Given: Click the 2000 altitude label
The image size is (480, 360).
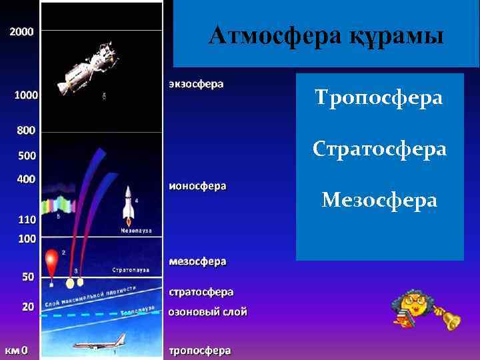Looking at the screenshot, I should [x=21, y=31].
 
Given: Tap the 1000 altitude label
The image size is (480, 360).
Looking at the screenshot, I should [x=26, y=95].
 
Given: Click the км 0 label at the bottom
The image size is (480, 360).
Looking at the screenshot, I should [x=17, y=350].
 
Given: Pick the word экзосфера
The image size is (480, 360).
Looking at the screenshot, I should [x=196, y=85].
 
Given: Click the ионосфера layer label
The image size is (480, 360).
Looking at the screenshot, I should [x=197, y=186].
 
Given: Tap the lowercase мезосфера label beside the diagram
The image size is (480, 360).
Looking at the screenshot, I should [x=197, y=261].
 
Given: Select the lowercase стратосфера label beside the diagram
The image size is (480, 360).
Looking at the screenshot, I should [x=201, y=291].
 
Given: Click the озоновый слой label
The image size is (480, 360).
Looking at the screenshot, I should [x=207, y=311].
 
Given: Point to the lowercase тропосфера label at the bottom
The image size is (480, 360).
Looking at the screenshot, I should [x=199, y=350].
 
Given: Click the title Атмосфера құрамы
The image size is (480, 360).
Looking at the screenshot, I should [x=325, y=35].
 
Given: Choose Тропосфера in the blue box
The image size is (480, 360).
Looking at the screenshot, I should [x=379, y=98].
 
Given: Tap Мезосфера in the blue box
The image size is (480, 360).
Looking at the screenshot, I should [x=379, y=199].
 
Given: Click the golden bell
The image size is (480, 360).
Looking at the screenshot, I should [x=451, y=319].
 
